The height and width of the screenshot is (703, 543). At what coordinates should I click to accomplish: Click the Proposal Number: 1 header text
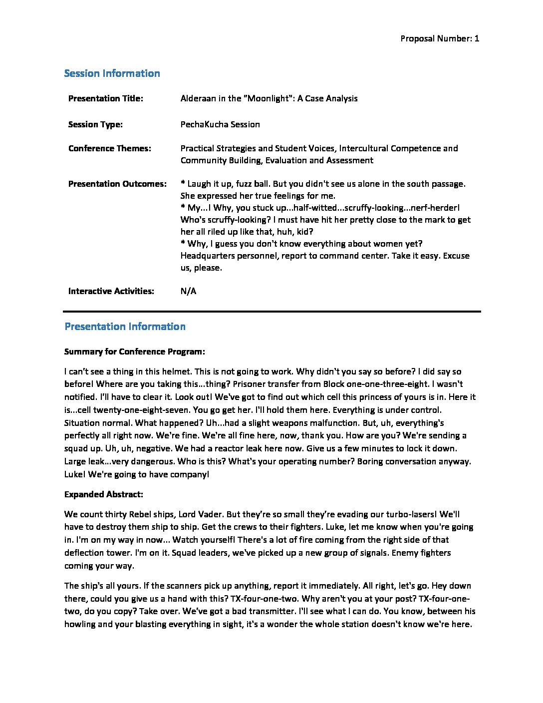440,39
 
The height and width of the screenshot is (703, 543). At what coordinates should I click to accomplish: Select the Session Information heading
112,73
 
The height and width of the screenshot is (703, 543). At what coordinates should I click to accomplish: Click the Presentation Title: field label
106,98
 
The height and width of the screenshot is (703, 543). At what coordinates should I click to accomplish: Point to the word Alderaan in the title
198,98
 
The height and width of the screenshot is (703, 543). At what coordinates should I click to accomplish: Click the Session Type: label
95,124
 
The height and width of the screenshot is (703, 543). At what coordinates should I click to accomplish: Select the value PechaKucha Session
220,124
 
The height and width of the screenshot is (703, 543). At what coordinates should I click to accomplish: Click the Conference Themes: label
110,148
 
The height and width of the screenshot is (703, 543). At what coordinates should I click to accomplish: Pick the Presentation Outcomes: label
117,184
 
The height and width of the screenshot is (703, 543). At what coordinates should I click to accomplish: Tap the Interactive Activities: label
111,291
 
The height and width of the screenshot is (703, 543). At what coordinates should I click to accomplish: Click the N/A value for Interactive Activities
189,291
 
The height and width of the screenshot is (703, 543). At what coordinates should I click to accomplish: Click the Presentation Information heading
125,327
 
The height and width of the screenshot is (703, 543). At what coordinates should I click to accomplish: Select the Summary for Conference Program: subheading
135,351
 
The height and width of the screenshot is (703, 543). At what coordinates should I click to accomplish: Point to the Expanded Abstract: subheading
104,494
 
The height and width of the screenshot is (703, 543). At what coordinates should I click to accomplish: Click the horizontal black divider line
272,312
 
